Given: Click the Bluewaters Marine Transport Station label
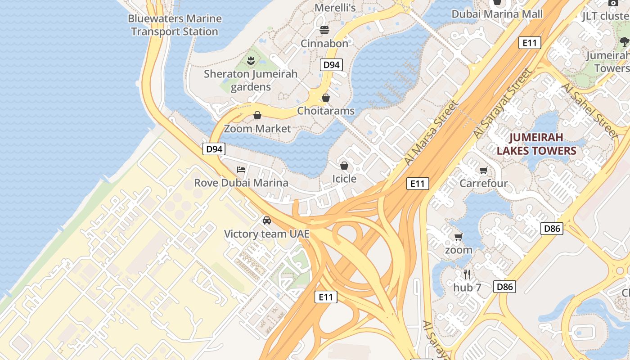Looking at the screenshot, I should click(x=175, y=25).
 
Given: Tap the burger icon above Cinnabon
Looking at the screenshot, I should click(x=324, y=30).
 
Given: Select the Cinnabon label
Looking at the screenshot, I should click(x=324, y=44).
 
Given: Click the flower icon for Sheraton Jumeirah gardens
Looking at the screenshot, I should click(x=251, y=60).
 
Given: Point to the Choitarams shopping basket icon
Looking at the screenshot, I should click(x=326, y=98).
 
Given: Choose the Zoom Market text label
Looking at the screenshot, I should click(x=257, y=129).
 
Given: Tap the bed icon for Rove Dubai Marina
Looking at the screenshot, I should click(x=241, y=170).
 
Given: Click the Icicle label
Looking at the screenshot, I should click(x=344, y=179).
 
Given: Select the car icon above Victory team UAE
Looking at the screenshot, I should click(x=267, y=220).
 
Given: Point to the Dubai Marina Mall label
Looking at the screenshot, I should click(x=497, y=14).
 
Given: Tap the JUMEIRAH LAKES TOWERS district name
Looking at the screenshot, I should click(x=536, y=144).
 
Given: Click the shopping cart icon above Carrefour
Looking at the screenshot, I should click(x=483, y=170).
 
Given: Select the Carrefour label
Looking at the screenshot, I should click(x=483, y=183).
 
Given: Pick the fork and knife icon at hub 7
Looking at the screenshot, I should click(x=467, y=274).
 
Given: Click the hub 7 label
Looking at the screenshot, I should click(x=467, y=288).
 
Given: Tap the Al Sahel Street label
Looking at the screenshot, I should click(x=590, y=110).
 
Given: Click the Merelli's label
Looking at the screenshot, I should click(x=335, y=8).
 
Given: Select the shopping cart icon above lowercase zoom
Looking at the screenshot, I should click(x=459, y=237).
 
